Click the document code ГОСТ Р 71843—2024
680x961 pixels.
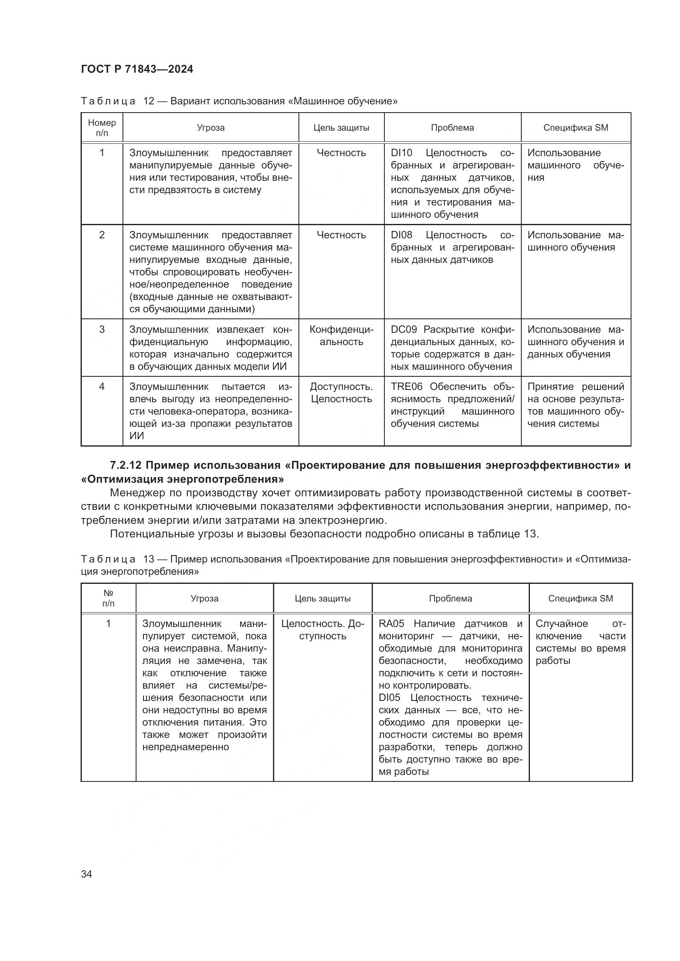click(137, 69)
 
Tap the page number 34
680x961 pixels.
click(86, 874)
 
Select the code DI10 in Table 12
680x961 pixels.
click(401, 153)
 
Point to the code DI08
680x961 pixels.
click(401, 235)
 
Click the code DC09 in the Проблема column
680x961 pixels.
click(403, 330)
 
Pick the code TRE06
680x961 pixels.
click(406, 387)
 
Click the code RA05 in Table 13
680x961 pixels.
click(391, 624)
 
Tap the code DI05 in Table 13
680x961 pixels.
click(389, 698)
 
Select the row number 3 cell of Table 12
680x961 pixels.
click(102, 330)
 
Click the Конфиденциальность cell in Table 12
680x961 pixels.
click(341, 336)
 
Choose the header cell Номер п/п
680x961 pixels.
click(102, 128)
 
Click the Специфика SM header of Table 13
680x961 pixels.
click(581, 599)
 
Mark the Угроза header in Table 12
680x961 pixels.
click(210, 128)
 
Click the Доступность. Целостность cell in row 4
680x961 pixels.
click(341, 393)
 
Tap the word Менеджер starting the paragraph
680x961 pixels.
click(136, 493)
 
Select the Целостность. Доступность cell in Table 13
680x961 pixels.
click(322, 630)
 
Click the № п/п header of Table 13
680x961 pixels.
click(108, 599)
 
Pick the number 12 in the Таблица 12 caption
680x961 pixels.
click(149, 101)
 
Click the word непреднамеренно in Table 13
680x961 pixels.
click(185, 747)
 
